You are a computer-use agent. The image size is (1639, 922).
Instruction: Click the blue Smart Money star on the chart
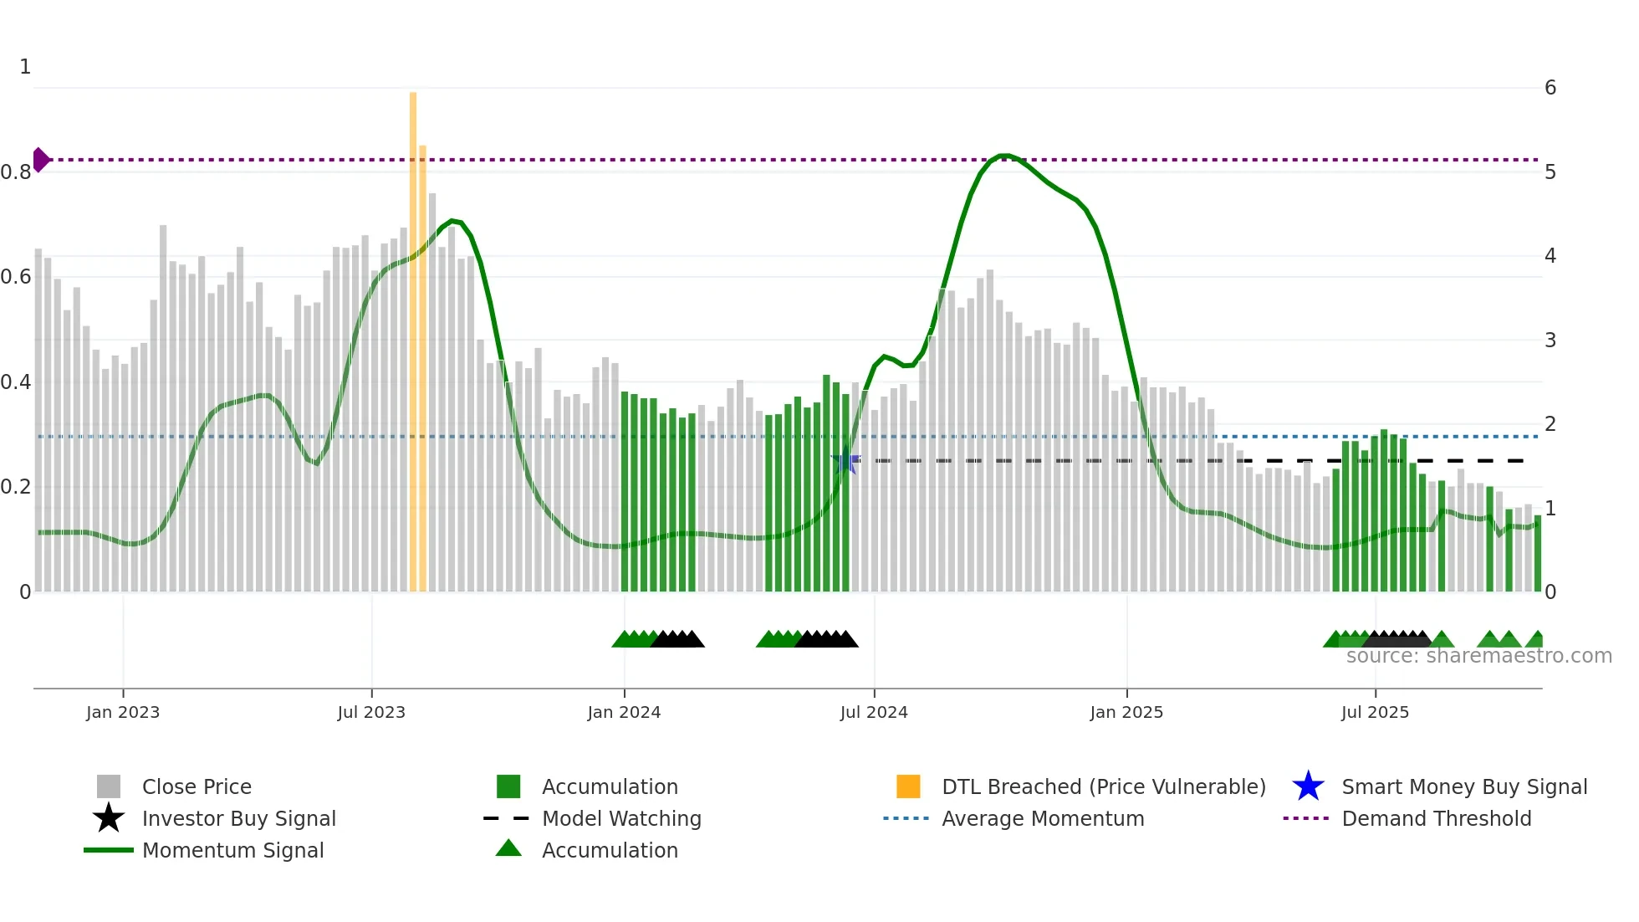pyautogui.click(x=845, y=461)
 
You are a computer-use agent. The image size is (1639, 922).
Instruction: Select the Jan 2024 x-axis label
pyautogui.click(x=624, y=712)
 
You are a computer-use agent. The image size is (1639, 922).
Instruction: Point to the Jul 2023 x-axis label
pyautogui.click(x=371, y=712)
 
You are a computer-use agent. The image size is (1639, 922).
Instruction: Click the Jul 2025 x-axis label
pyautogui.click(x=1375, y=712)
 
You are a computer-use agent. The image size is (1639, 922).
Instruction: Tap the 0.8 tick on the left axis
pyautogui.click(x=17, y=172)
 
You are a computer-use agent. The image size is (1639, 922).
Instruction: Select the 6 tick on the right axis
pyautogui.click(x=1550, y=88)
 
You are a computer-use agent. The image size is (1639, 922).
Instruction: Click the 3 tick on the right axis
pyautogui.click(x=1550, y=341)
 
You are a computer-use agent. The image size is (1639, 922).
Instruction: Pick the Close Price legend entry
pyautogui.click(x=196, y=786)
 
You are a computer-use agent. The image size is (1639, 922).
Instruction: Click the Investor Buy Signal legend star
pyautogui.click(x=109, y=818)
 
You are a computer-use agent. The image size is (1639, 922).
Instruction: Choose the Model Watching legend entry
pyautogui.click(x=620, y=818)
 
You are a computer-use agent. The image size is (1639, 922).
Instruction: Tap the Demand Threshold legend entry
pyautogui.click(x=1436, y=818)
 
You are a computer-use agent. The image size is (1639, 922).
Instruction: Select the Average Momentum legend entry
pyautogui.click(x=1042, y=818)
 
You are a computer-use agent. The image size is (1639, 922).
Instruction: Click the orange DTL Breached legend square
pyautogui.click(x=908, y=786)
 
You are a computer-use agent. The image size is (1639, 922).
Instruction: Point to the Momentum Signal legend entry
pyautogui.click(x=232, y=850)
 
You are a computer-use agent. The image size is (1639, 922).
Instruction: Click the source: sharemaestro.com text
pyautogui.click(x=1478, y=656)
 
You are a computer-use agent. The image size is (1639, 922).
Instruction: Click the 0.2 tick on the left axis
pyautogui.click(x=17, y=487)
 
